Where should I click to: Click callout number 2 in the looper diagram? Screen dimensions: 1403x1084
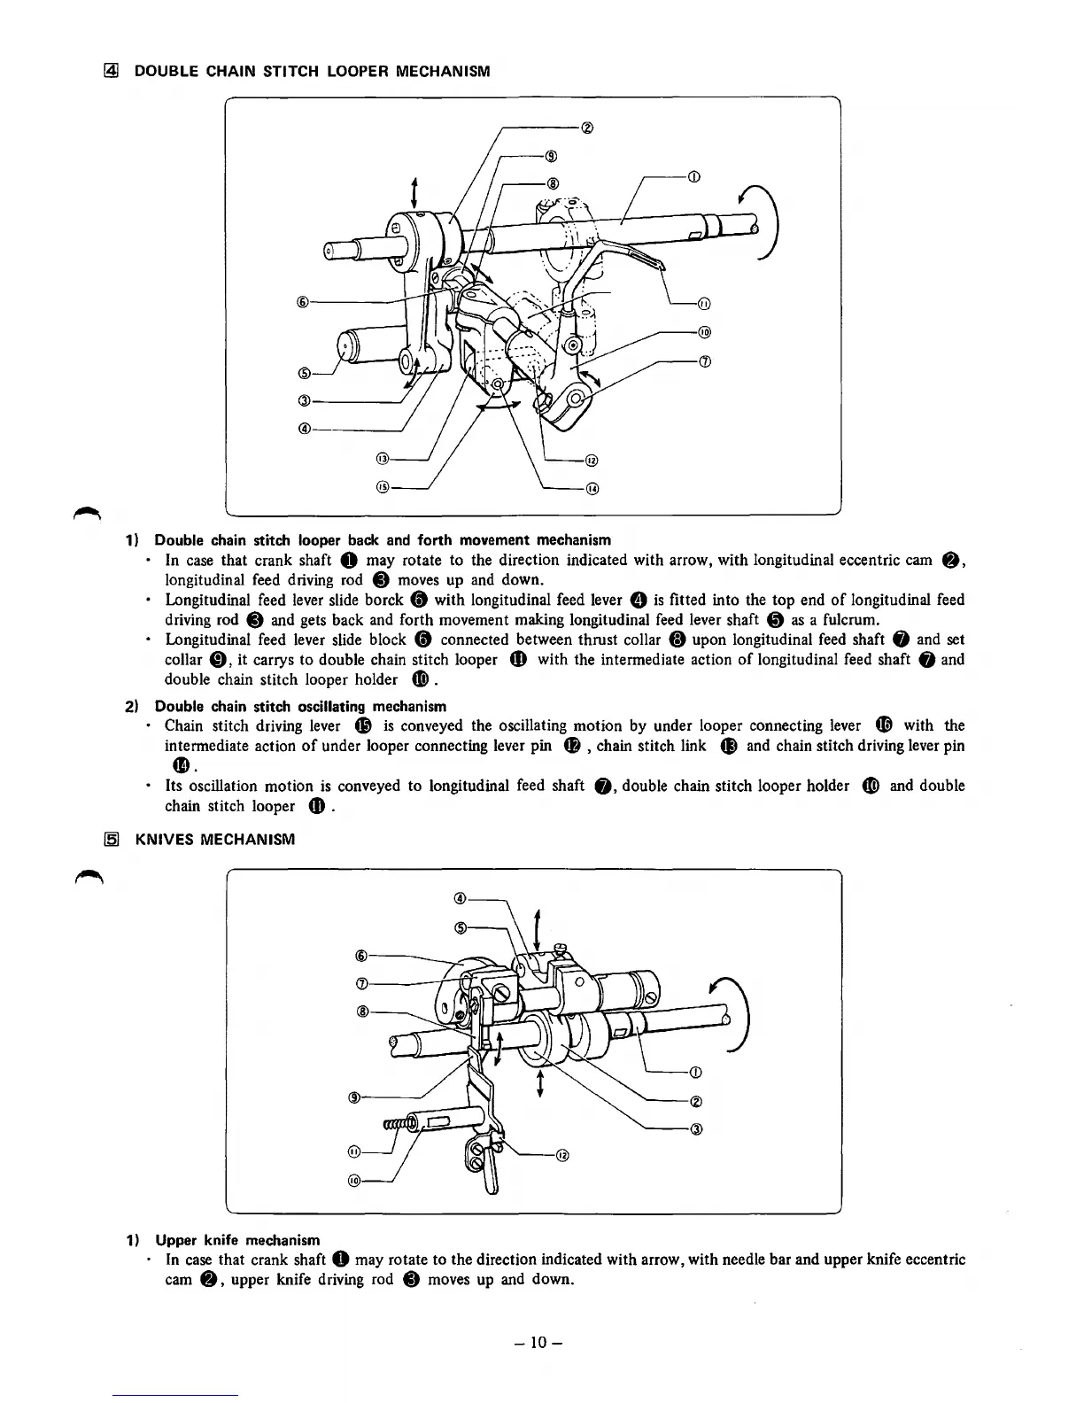pyautogui.click(x=586, y=127)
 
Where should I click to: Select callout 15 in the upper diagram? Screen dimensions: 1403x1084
pyautogui.click(x=383, y=487)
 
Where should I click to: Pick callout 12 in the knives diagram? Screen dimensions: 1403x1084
pyautogui.click(x=562, y=1155)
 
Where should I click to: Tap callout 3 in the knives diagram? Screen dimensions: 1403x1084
pyautogui.click(x=697, y=1128)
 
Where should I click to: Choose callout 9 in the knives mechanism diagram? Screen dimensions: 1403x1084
pyautogui.click(x=354, y=1098)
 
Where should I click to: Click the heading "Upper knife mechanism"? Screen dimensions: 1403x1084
pyautogui.click(x=237, y=1239)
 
